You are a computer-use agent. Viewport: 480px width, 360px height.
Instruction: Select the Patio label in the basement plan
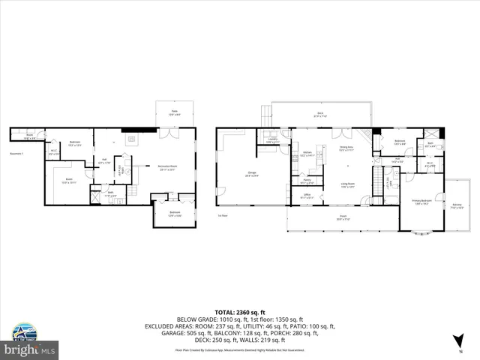point(173,112)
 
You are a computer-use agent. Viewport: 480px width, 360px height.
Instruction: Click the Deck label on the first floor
point(320,114)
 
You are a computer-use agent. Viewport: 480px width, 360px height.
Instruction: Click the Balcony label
point(457,204)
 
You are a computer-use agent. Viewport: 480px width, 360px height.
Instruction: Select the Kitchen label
point(307,153)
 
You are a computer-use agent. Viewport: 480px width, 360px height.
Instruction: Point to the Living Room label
point(347,184)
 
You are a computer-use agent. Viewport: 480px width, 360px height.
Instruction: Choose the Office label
point(307,196)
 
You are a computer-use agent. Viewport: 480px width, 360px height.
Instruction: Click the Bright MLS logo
point(28,341)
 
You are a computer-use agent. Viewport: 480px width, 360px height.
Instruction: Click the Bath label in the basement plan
point(109,193)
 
